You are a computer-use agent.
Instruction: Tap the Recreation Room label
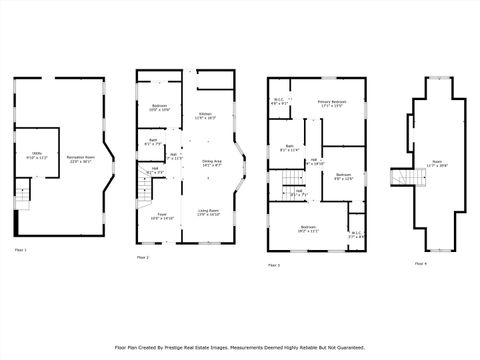tap(80, 158)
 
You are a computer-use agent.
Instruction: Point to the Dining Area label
tap(211, 163)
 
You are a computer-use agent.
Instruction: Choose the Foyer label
tap(161, 215)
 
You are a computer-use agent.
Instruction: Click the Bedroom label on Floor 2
tap(159, 108)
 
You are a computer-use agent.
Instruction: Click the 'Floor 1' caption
tap(21, 249)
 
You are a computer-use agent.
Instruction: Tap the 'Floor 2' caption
tap(143, 257)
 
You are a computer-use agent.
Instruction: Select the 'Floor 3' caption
tap(273, 265)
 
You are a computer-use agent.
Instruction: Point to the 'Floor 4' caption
tap(420, 262)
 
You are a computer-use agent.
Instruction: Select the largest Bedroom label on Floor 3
tap(307, 228)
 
